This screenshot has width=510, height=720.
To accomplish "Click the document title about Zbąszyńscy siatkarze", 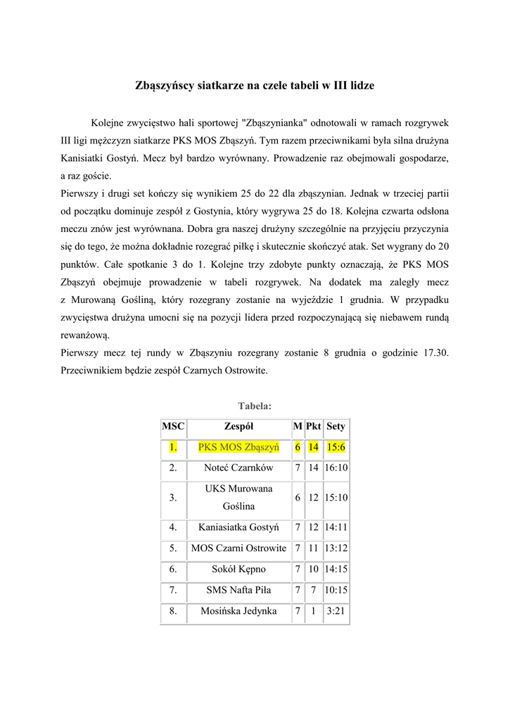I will (x=255, y=86).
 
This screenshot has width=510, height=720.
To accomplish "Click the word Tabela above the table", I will (x=255, y=406).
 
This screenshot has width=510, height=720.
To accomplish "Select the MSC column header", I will (x=173, y=426).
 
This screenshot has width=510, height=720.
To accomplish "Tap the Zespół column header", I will (x=238, y=426).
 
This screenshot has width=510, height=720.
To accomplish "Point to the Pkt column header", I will (x=313, y=426).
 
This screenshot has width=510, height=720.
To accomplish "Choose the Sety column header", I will (x=336, y=426).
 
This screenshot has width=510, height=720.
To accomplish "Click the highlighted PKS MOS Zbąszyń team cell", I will (x=238, y=447).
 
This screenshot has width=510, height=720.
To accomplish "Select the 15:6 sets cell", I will (x=336, y=447).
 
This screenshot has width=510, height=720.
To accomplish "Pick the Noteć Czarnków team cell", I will (x=238, y=468).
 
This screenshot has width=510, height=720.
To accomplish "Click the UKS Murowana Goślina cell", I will (x=238, y=497).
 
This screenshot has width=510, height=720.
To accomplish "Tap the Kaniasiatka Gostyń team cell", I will (x=238, y=527).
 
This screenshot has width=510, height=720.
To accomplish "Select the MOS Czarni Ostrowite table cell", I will (x=238, y=548).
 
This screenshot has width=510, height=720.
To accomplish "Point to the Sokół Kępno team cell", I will (x=238, y=569).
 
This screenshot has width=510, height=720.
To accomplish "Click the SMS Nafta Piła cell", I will (x=238, y=590).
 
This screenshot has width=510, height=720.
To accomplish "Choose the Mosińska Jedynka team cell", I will (x=238, y=611).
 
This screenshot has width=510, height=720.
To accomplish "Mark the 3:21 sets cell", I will (x=336, y=611).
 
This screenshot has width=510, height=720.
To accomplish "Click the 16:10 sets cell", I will (x=336, y=468).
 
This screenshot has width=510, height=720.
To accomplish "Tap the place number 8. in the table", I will (x=173, y=611).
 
